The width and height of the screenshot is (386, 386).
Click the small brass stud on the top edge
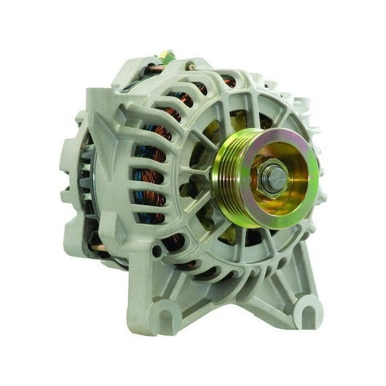point(190,65)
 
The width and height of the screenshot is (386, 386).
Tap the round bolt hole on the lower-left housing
point(156,251)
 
